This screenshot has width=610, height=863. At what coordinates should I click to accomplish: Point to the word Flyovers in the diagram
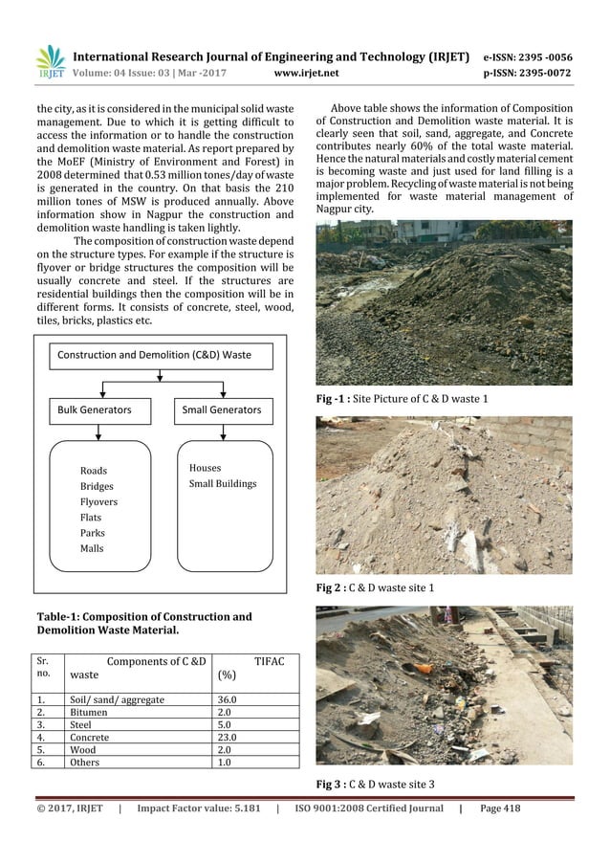pos(98,501)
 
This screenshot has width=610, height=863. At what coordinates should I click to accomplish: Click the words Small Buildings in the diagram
pos(223,483)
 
